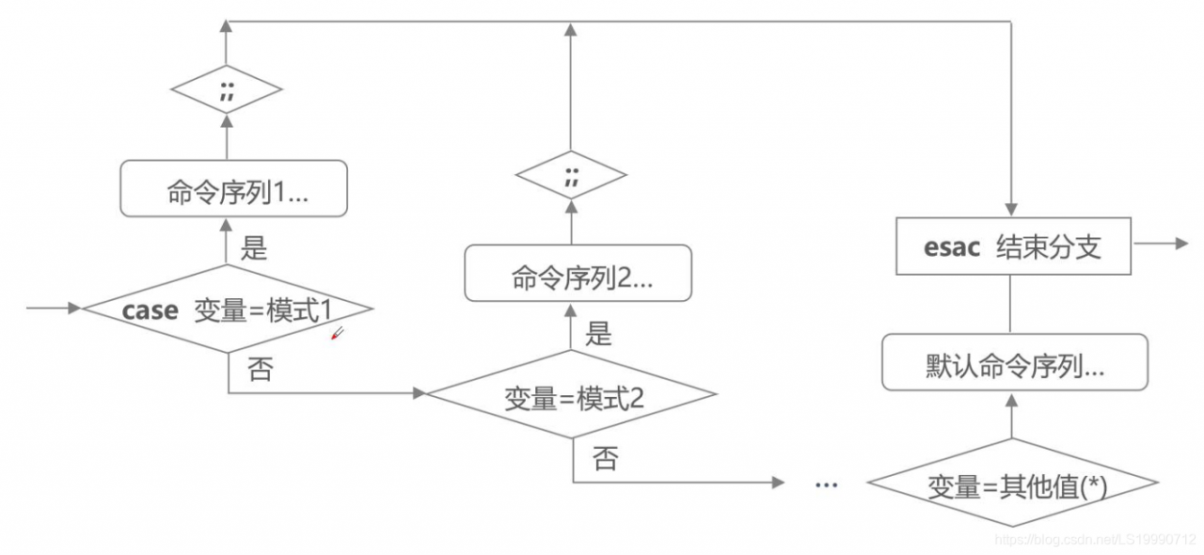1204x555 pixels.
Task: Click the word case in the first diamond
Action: (150, 310)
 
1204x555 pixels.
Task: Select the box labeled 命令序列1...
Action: (234, 191)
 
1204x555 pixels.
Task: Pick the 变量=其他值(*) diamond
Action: (1011, 485)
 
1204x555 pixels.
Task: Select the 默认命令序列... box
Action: (1014, 365)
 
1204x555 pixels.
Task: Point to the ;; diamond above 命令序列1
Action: (226, 91)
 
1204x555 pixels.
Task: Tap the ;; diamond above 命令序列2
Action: (570, 175)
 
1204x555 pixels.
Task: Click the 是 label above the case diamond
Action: (254, 248)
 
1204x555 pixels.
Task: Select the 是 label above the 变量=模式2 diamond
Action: (598, 333)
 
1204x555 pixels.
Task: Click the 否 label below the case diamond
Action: (261, 369)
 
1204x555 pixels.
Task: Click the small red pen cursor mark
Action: (337, 333)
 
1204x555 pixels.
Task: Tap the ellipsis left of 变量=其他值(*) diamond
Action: (826, 484)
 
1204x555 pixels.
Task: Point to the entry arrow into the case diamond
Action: (56, 308)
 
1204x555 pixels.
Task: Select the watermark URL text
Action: (1095, 540)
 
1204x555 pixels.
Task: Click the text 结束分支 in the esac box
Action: (1048, 248)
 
